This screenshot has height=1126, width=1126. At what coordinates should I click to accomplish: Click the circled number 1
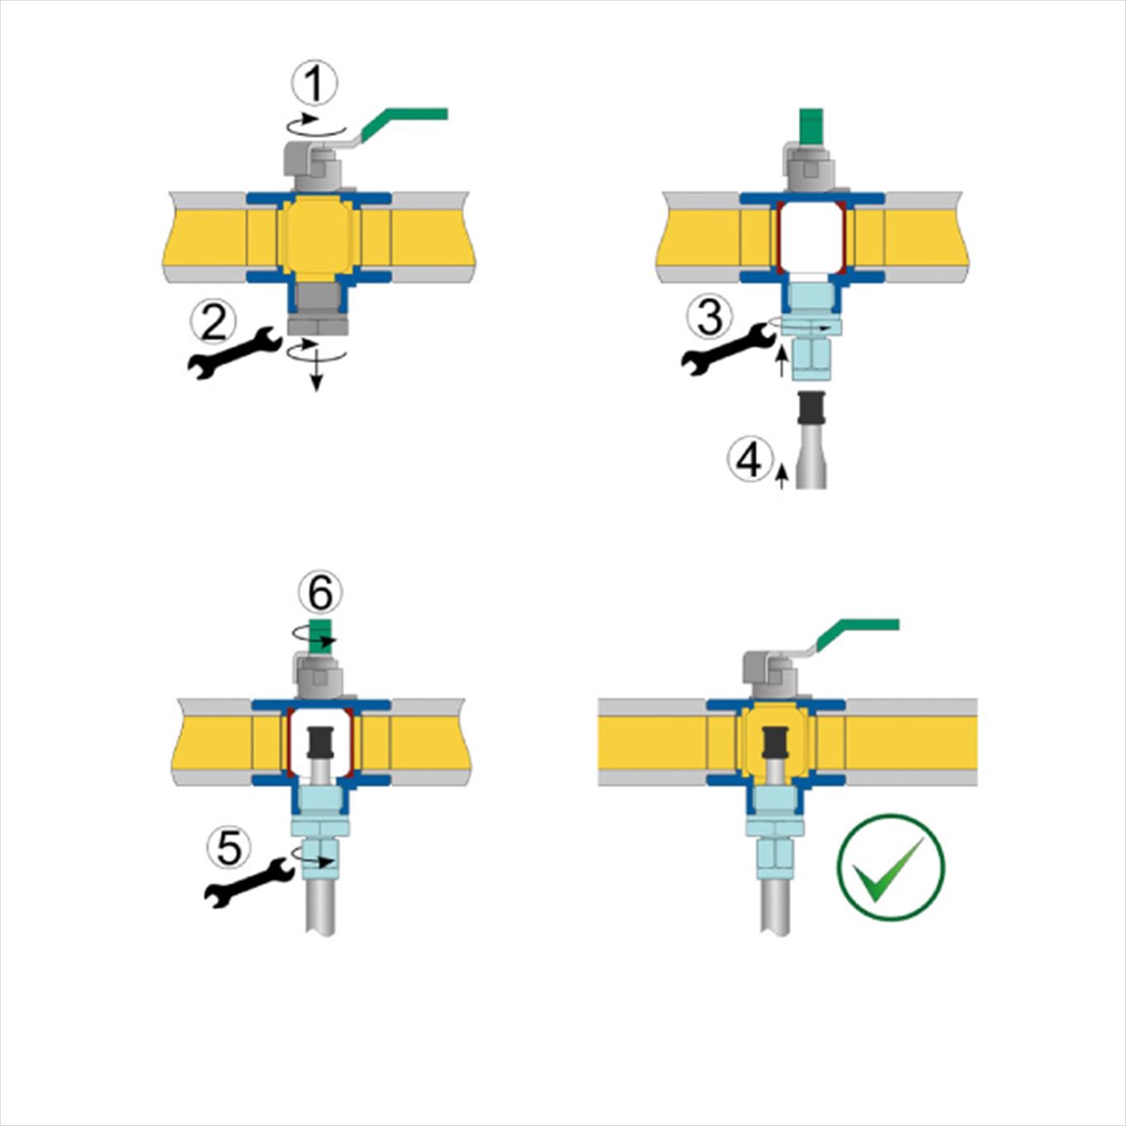tap(314, 83)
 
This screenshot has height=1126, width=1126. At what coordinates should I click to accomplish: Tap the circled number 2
tap(213, 323)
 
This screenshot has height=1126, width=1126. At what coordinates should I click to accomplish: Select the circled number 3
tap(710, 317)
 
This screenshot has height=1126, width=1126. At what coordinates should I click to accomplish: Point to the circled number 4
tap(750, 462)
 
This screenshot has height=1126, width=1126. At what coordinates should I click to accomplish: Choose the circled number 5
tap(228, 848)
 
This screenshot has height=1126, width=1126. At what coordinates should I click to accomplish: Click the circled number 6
tap(320, 593)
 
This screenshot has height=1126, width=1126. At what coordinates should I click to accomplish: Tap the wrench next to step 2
tap(235, 352)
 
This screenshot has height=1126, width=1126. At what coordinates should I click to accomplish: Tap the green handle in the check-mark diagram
tap(856, 635)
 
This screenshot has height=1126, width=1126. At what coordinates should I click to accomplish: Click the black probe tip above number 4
tap(811, 409)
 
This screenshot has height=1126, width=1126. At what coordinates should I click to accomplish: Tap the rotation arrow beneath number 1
tap(316, 125)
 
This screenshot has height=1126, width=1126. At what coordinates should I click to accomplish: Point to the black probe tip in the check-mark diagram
tap(776, 744)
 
